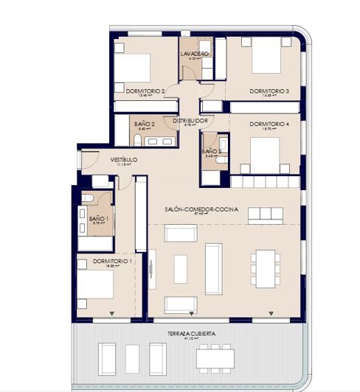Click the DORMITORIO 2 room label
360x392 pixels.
[138, 91]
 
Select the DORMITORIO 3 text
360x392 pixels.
[269, 91]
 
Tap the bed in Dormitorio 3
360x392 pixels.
[266, 57]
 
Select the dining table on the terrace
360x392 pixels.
[215, 358]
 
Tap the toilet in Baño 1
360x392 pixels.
[87, 200]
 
